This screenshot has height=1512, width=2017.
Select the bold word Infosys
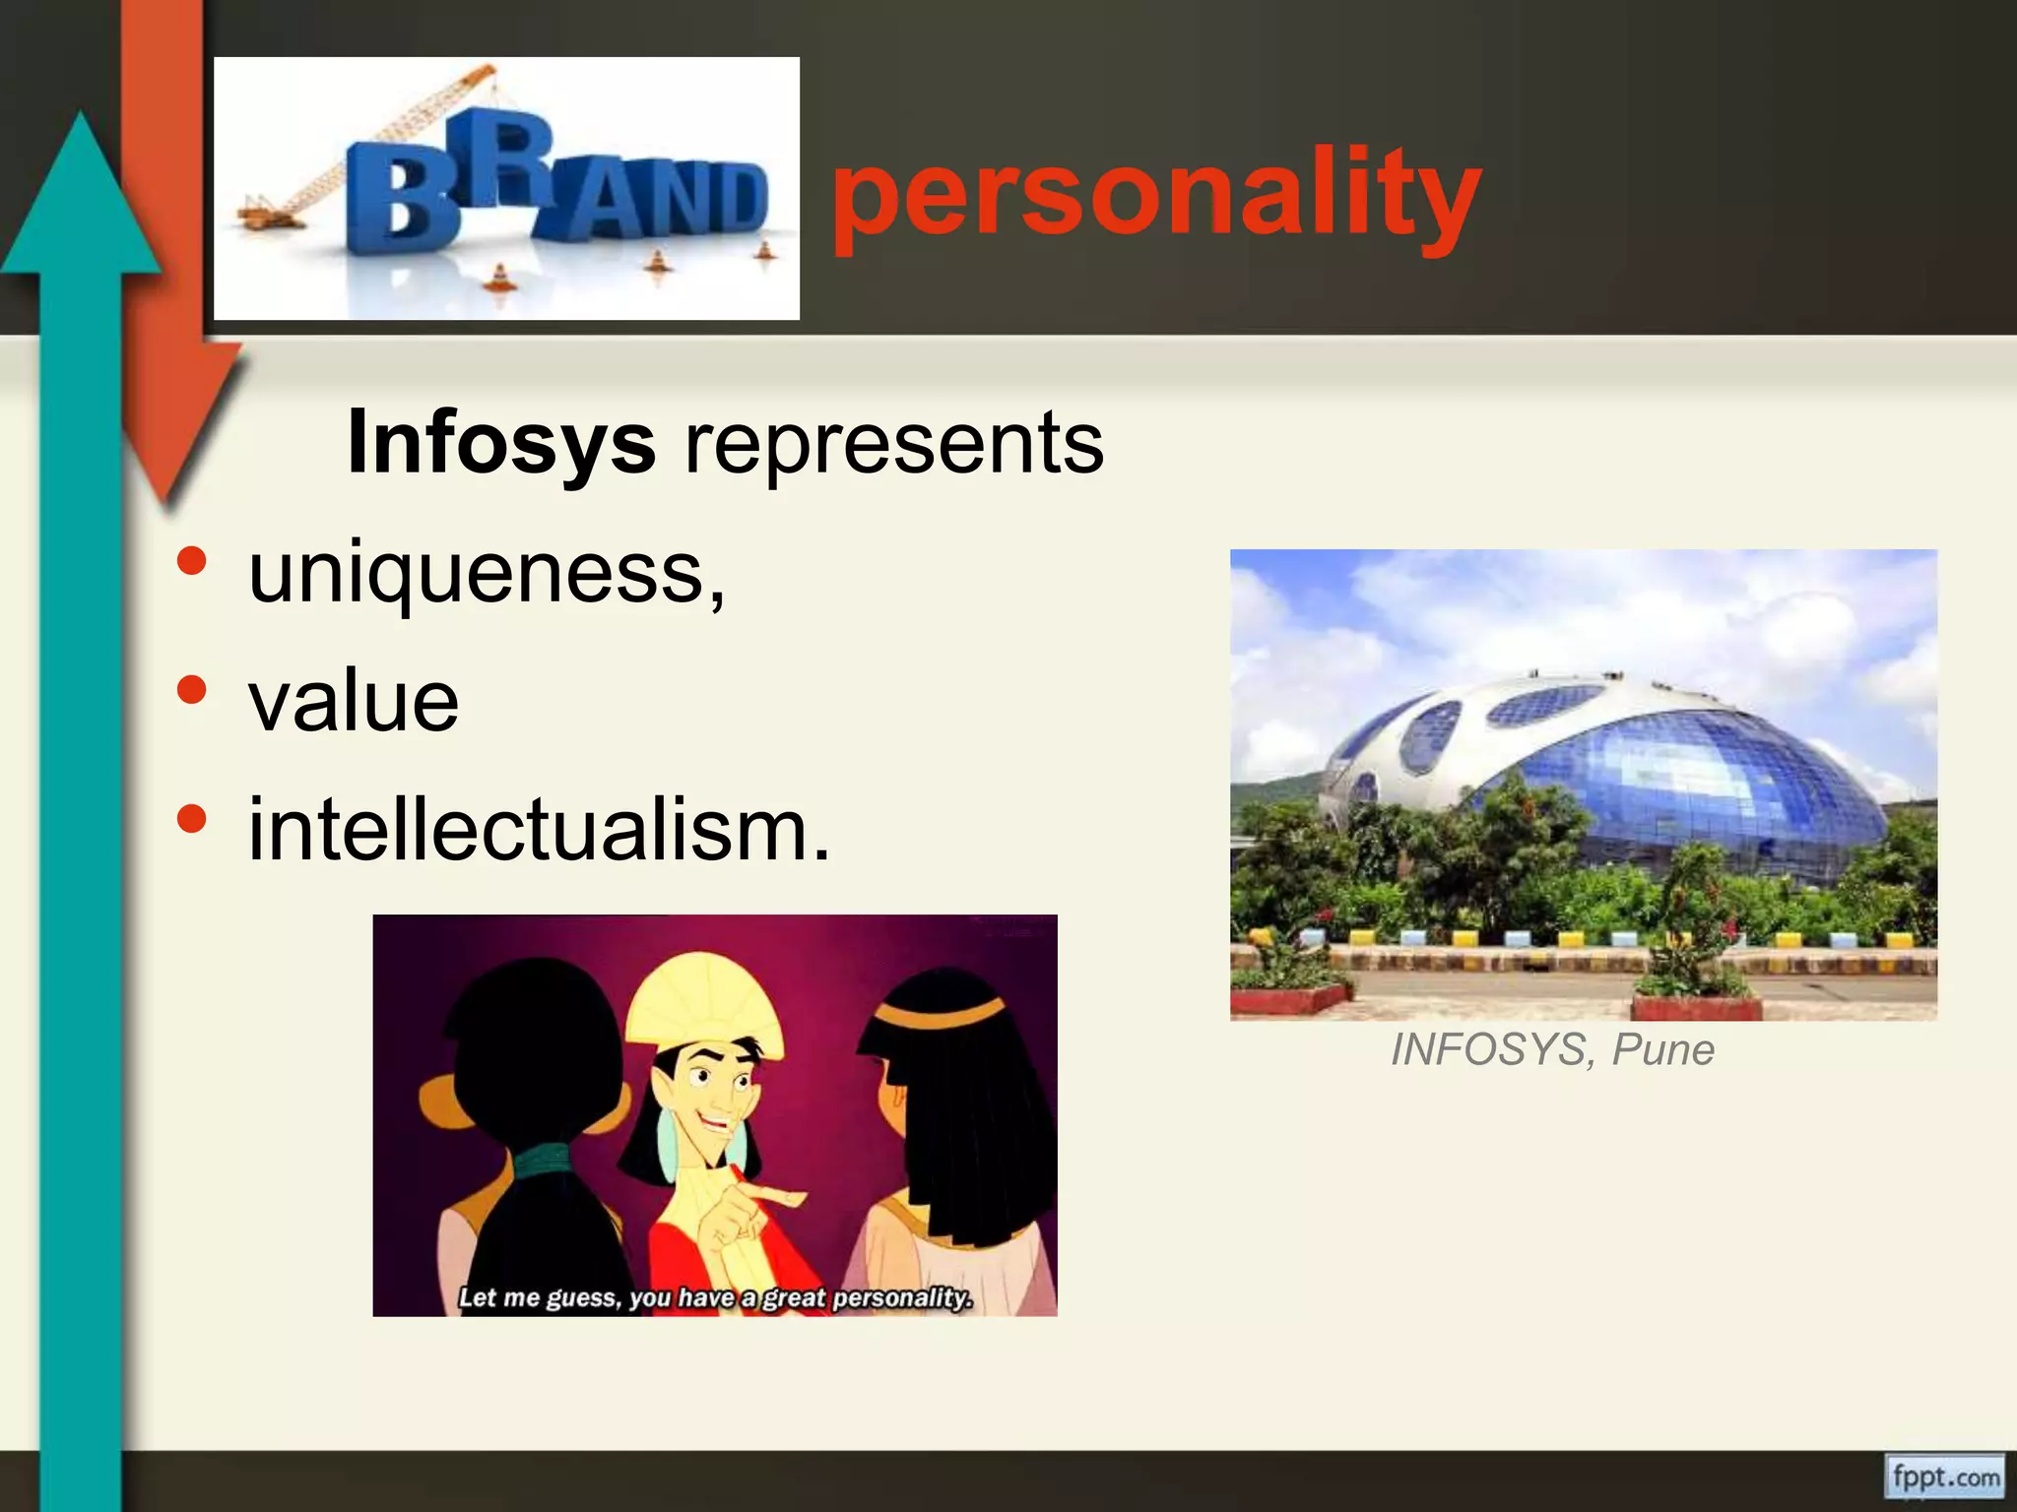click(501, 443)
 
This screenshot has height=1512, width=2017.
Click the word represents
click(894, 443)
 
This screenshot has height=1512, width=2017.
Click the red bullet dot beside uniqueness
click(192, 561)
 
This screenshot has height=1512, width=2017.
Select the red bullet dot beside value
click(192, 690)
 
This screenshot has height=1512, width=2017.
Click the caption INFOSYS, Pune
click(1552, 1049)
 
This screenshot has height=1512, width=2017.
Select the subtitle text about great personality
click(715, 1297)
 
